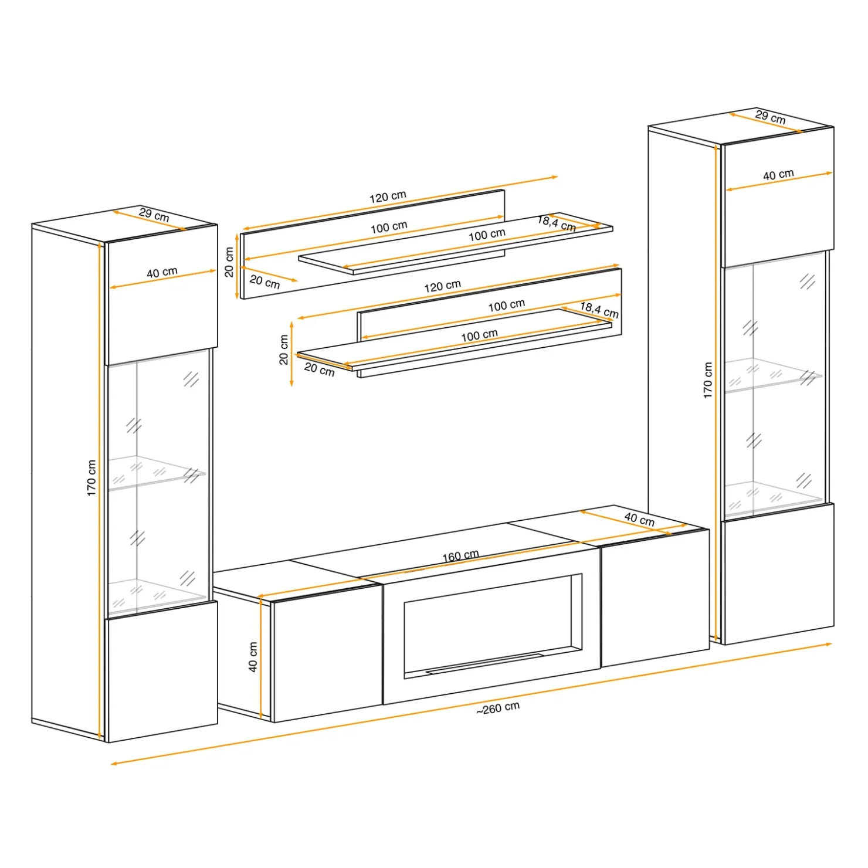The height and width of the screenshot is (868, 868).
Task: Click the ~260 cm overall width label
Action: click(498, 708)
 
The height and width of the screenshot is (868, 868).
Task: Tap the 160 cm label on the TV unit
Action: click(460, 555)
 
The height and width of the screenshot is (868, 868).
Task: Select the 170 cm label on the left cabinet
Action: click(91, 478)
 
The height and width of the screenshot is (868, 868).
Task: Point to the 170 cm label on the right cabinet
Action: click(708, 381)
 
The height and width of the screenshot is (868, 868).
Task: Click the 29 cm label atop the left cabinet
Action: click(154, 215)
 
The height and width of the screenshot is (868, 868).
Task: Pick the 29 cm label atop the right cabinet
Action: click(771, 117)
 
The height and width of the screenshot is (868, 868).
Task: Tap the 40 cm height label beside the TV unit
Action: click(253, 657)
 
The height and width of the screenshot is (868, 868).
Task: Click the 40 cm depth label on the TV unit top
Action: click(639, 519)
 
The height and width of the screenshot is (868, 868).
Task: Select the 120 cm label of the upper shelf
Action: click(388, 197)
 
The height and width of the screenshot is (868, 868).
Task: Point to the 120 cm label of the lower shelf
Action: click(442, 286)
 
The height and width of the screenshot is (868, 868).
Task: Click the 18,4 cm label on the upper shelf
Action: click(557, 223)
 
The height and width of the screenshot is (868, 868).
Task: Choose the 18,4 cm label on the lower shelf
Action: click(599, 309)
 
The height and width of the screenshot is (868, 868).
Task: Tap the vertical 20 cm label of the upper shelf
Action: click(229, 262)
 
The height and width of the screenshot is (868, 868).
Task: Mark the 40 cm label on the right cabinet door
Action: click(778, 175)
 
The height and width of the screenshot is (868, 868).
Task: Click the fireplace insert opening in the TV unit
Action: click(491, 625)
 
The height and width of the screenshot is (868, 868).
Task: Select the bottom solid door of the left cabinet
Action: click(161, 672)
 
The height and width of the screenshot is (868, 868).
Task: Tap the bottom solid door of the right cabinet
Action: click(777, 574)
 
